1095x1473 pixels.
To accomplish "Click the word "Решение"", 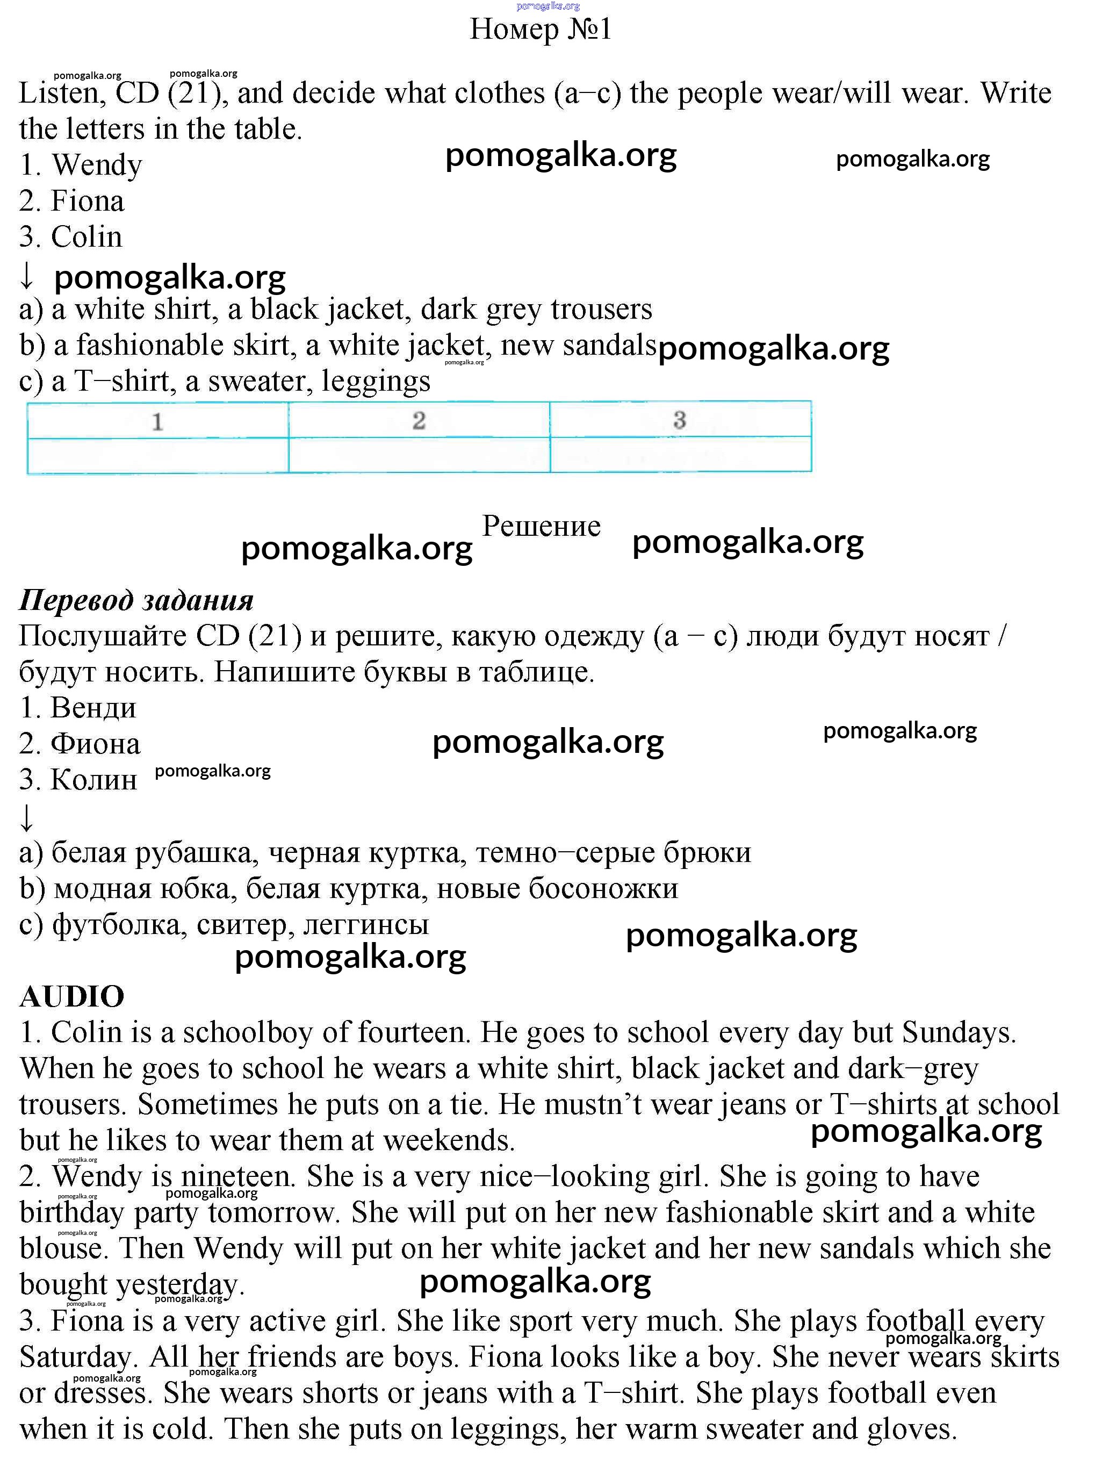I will click(x=541, y=526).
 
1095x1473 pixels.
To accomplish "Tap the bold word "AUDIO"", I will click(x=71, y=996).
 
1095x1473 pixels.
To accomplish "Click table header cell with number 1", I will click(x=158, y=421).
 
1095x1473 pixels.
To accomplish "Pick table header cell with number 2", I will click(x=419, y=420).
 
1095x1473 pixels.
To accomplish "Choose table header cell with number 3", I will click(x=680, y=420).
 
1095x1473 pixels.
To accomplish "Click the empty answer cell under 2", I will click(x=419, y=455).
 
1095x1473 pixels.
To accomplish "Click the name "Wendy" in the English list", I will click(x=97, y=165).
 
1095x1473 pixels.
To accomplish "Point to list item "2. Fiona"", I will click(x=71, y=201).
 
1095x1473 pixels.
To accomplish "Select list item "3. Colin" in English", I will click(x=71, y=236).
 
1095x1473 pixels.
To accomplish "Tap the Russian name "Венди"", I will click(x=93, y=708).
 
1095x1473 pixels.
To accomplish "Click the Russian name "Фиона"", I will click(x=96, y=744).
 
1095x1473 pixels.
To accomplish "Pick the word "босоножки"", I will click(x=603, y=888).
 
